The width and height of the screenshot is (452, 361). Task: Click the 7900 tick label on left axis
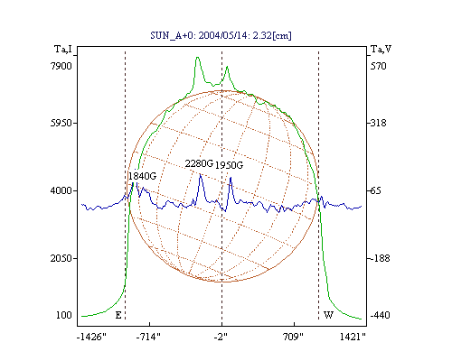(x=61, y=66)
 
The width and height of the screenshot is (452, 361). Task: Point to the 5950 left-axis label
(x=61, y=123)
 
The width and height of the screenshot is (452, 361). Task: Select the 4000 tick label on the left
(x=61, y=190)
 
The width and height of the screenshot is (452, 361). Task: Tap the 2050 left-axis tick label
(x=61, y=258)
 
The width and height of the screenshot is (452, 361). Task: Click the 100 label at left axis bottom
(x=64, y=315)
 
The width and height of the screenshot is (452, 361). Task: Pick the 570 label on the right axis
(x=379, y=66)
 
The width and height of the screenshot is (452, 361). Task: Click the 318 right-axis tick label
(x=379, y=123)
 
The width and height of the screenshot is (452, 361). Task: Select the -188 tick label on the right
(x=380, y=258)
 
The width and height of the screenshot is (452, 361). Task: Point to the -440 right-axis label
(x=380, y=315)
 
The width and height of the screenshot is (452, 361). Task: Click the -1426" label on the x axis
(x=91, y=337)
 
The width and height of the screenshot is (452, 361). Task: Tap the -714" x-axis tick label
(x=148, y=337)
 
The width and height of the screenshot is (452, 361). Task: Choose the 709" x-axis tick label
(x=292, y=337)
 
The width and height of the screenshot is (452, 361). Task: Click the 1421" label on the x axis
(x=353, y=337)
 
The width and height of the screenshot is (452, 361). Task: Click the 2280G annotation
(x=199, y=163)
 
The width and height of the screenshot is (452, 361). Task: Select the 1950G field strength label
(x=229, y=165)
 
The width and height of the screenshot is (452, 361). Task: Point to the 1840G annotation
(x=142, y=176)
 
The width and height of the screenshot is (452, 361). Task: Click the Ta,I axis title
(x=63, y=49)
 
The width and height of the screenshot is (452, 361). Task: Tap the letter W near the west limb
(x=328, y=315)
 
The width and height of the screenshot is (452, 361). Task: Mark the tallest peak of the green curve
(x=197, y=57)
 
